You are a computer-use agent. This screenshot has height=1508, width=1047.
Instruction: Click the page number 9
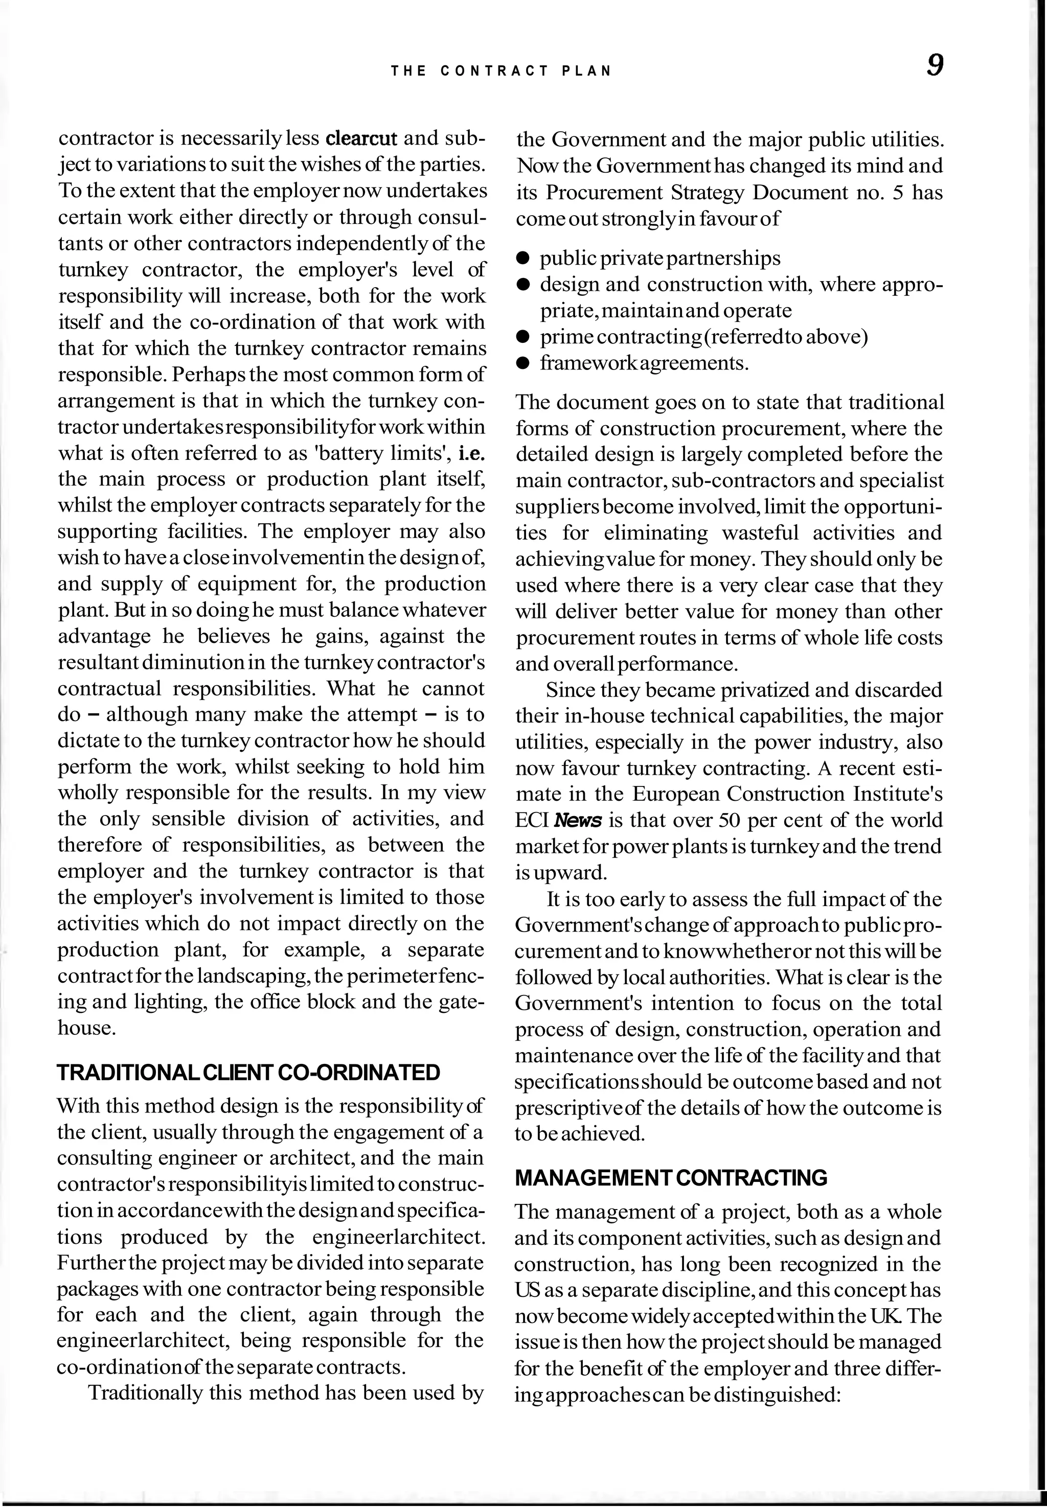(x=935, y=65)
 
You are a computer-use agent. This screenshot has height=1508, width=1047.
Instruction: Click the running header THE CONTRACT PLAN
(x=501, y=72)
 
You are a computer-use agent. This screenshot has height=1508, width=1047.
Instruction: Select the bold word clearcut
(x=361, y=139)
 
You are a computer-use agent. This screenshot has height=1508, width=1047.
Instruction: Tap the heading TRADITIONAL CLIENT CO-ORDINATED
(x=248, y=1073)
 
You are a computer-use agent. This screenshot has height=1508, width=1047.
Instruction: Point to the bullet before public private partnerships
(x=523, y=259)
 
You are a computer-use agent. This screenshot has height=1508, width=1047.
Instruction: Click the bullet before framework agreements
(x=523, y=363)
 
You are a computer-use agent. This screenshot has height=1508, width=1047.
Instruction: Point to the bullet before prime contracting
(x=523, y=337)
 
